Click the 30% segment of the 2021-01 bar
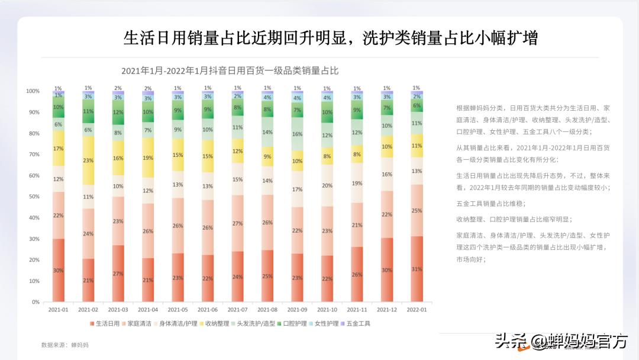[x=59, y=270]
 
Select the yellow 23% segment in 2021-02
[x=88, y=160]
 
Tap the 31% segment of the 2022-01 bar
[x=417, y=269]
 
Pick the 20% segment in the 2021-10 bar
[x=327, y=185]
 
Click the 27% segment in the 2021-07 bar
[x=237, y=223]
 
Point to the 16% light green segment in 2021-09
[x=297, y=134]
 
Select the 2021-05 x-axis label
[x=177, y=310]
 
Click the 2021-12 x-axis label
[x=386, y=310]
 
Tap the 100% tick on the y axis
[x=33, y=91]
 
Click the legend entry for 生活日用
[x=105, y=324]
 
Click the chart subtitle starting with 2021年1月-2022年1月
[x=230, y=70]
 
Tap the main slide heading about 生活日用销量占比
[x=331, y=38]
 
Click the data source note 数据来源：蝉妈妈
[x=64, y=345]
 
